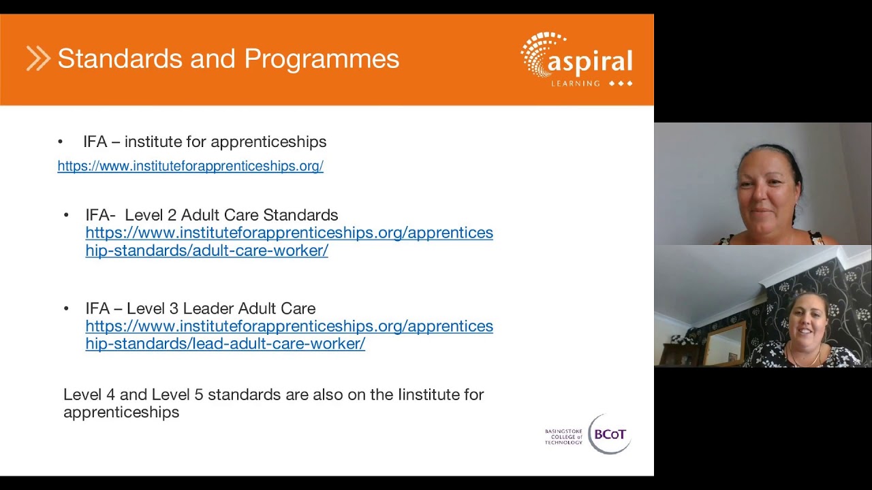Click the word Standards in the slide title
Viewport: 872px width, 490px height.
[x=121, y=59]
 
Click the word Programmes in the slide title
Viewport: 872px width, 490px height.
[x=322, y=59]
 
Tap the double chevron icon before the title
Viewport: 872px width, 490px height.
[x=38, y=59]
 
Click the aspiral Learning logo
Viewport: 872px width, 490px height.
[x=577, y=59]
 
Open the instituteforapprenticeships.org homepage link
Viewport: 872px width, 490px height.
[x=190, y=166]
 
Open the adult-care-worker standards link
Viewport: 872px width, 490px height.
[x=289, y=242]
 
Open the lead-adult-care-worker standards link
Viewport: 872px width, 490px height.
[x=289, y=335]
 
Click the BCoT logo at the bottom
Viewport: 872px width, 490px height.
[x=609, y=434]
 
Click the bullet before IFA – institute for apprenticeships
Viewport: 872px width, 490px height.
[x=60, y=142]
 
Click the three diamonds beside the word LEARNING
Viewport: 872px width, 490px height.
[x=621, y=83]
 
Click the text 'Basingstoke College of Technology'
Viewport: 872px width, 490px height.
[x=563, y=436]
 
